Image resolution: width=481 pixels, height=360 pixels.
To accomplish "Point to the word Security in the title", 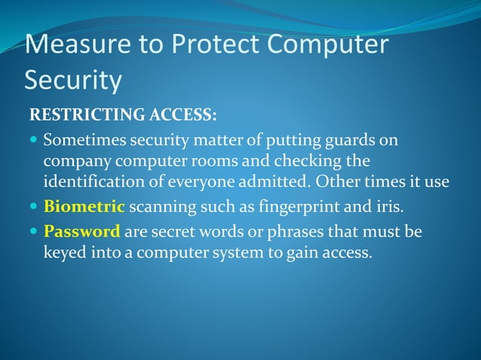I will (73, 80).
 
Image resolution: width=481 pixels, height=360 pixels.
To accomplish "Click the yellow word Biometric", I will (84, 206).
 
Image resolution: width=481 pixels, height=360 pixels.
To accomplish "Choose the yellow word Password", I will (81, 232).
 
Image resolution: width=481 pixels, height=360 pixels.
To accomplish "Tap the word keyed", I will (64, 252).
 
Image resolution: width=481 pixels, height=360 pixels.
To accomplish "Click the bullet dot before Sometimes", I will (34, 141).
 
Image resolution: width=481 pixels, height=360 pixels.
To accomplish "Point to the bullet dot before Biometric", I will (34, 207).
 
